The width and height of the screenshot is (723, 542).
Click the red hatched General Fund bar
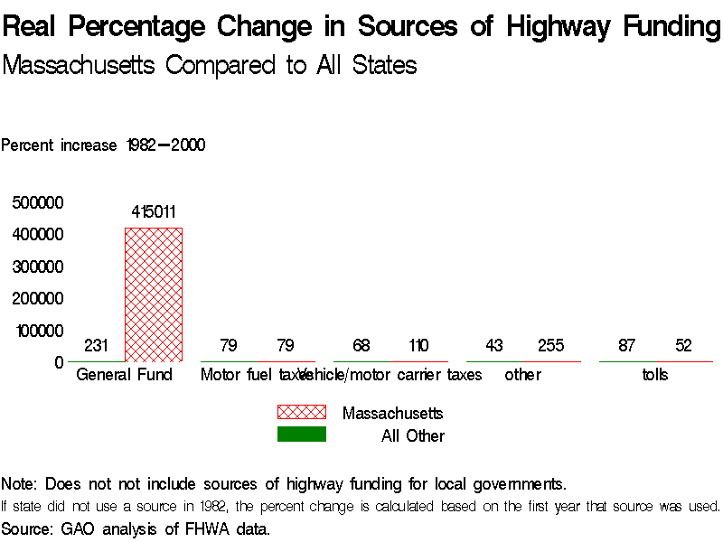click(153, 294)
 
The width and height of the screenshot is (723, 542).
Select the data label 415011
click(153, 213)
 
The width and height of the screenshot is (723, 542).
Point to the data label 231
click(96, 346)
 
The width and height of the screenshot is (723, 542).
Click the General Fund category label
click(124, 375)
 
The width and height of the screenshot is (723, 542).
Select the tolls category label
click(655, 375)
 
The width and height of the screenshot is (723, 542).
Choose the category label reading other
click(522, 375)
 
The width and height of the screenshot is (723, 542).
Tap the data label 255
click(550, 346)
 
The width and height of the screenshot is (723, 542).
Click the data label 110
click(418, 346)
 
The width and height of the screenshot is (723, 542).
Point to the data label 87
click(627, 346)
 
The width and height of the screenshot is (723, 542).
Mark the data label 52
click(683, 346)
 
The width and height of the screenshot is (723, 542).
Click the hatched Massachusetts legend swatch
click(301, 412)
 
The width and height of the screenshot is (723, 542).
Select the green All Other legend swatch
click(301, 435)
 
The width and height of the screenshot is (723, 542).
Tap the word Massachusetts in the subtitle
click(80, 66)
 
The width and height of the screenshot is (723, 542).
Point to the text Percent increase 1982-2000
click(103, 145)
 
